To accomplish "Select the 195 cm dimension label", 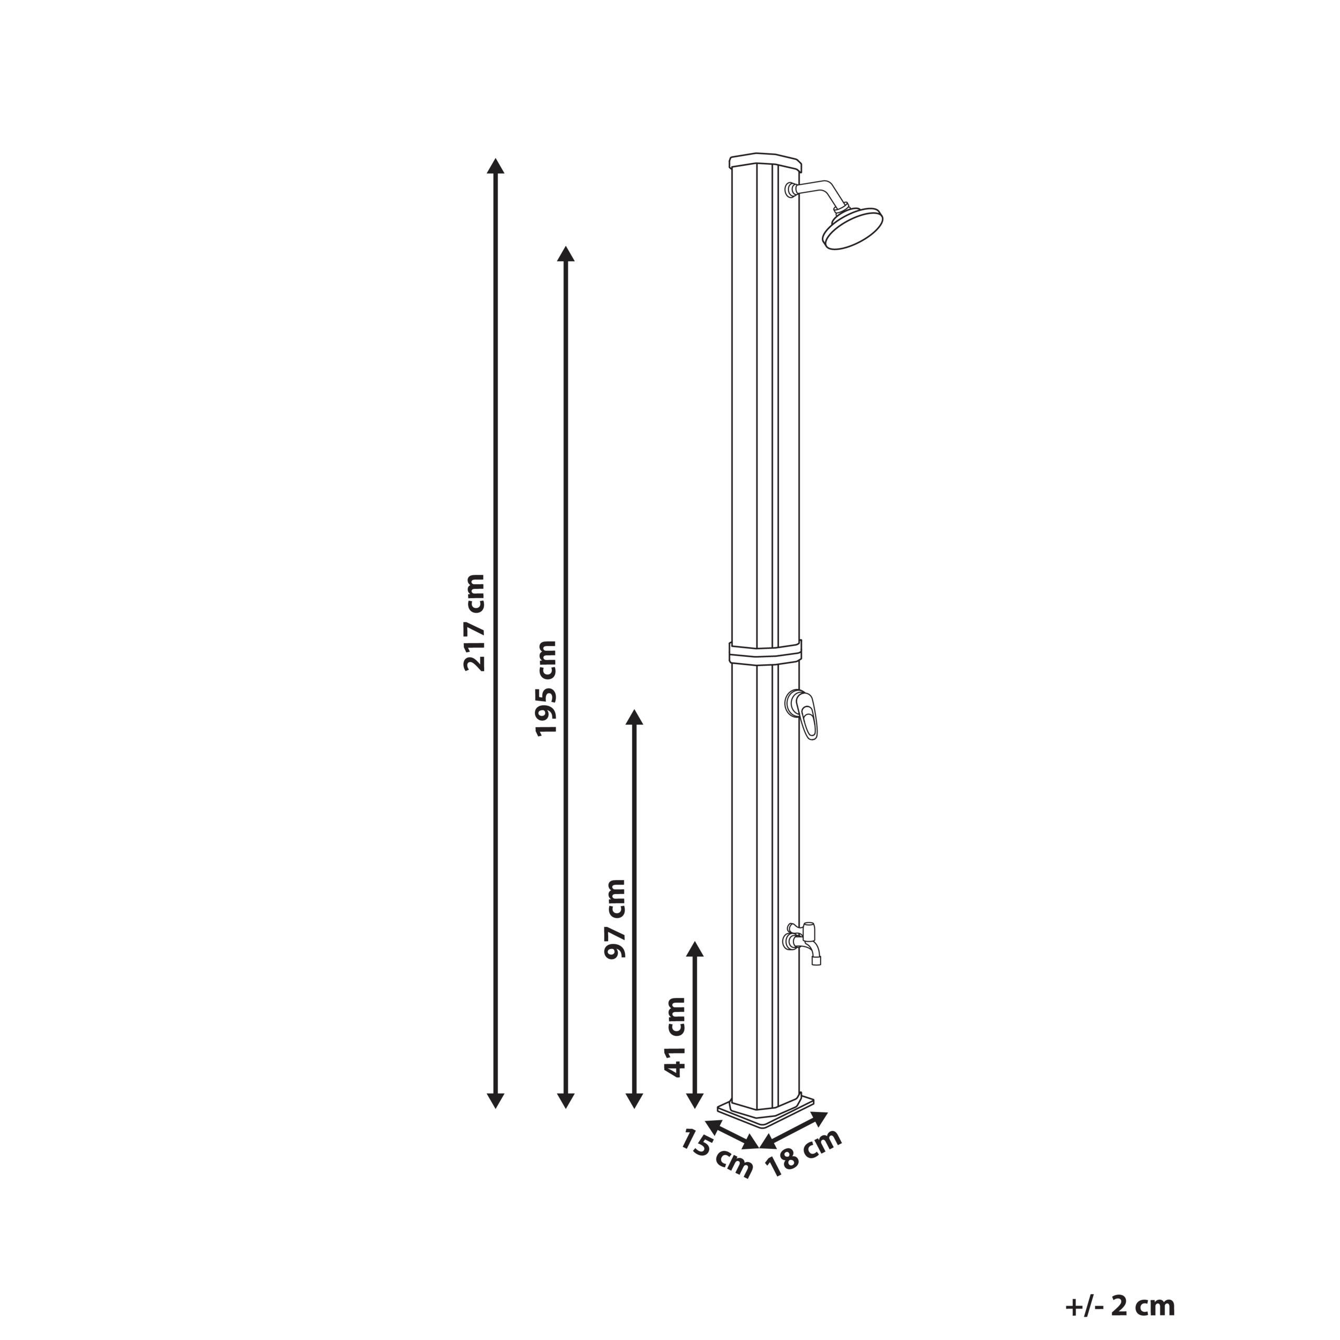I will click(x=546, y=688).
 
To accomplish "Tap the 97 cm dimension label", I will click(x=615, y=919).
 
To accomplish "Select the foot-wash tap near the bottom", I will click(x=805, y=941).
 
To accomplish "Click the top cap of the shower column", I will click(x=766, y=161).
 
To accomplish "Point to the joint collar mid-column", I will click(x=765, y=653).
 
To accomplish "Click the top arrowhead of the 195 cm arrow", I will click(x=566, y=254).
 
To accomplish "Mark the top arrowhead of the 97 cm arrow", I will click(x=634, y=718).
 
